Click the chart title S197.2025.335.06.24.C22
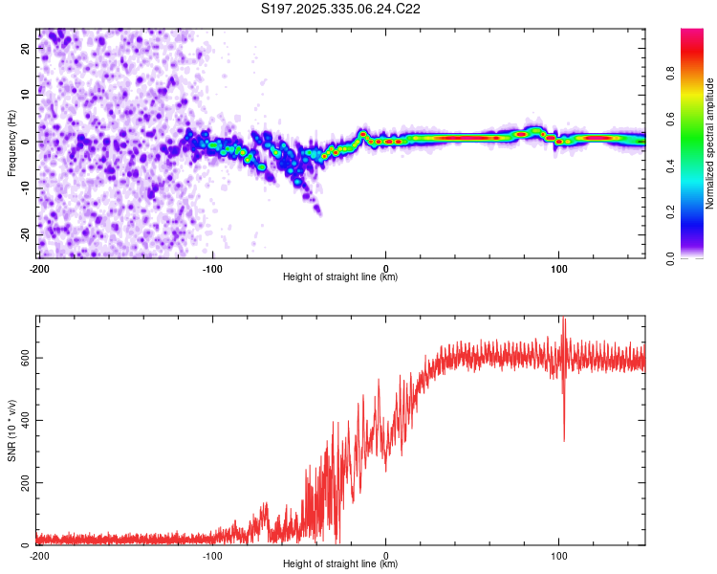coord(341,9)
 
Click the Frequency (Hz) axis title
coord(11,142)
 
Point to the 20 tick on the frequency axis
coord(27,47)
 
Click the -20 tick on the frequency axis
coord(25,234)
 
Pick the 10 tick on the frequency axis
coord(27,94)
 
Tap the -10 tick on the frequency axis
coord(25,188)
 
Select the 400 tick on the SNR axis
coord(23,420)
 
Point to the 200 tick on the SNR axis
coord(23,482)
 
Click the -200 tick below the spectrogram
coord(39,268)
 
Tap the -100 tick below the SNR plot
coord(212,555)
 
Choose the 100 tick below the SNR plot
coord(559,555)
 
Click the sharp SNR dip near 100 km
coord(564,438)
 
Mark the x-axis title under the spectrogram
coord(340,277)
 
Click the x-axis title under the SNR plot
coord(340,564)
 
